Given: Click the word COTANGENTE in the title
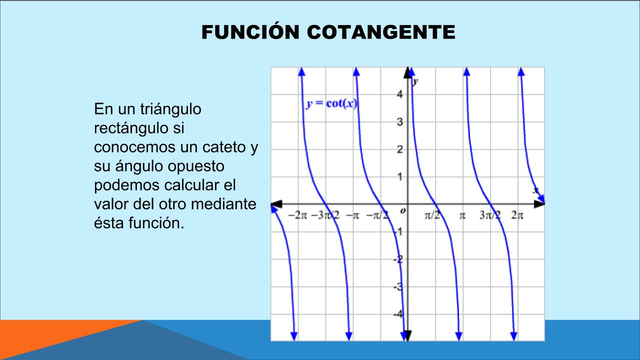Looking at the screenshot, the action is click(381, 32).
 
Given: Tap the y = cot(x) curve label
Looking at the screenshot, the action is click(331, 103).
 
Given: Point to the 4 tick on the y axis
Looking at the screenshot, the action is click(399, 94).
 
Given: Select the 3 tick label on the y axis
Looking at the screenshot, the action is click(399, 122).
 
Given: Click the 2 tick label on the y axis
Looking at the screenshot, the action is click(399, 149).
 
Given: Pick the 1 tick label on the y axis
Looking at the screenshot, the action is click(399, 177).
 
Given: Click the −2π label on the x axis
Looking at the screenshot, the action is click(297, 215).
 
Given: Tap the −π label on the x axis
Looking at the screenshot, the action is click(352, 215).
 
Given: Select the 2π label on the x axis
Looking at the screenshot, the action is click(517, 215).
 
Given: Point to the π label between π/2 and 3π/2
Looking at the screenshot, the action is click(462, 215).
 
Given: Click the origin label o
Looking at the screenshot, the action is click(403, 211).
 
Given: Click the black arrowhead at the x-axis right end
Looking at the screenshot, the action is click(539, 204).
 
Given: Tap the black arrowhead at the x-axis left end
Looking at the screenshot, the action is click(276, 204).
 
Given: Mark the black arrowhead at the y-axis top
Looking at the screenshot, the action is click(407, 72).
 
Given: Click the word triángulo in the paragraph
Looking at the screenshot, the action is click(170, 109).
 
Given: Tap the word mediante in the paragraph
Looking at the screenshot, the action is click(223, 204).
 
